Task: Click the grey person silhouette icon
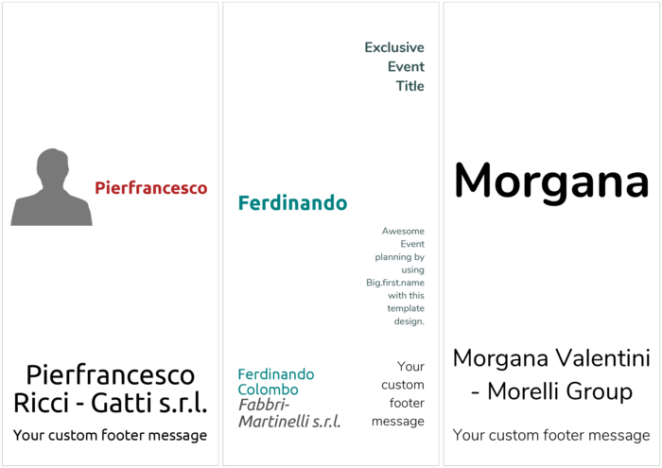click(x=51, y=187)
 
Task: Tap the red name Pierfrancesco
click(x=150, y=188)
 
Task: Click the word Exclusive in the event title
click(x=394, y=47)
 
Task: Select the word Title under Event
click(x=409, y=86)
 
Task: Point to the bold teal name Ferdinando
click(x=292, y=203)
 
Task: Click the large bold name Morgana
click(x=551, y=182)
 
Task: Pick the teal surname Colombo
click(x=268, y=390)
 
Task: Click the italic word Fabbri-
click(x=264, y=405)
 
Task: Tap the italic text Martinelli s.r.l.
click(x=289, y=421)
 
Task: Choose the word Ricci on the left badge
click(x=42, y=403)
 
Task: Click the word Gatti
click(x=120, y=403)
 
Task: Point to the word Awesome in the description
click(x=403, y=232)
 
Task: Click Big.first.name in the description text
click(x=395, y=283)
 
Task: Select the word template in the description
click(x=406, y=308)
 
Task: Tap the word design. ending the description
click(x=409, y=321)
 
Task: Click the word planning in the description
click(x=393, y=257)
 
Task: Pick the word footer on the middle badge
click(x=407, y=403)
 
